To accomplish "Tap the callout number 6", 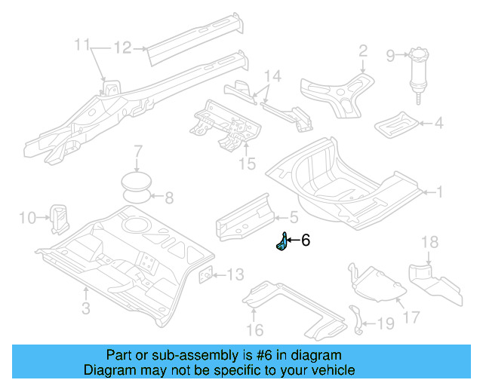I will [306, 241].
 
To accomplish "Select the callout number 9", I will [390, 54].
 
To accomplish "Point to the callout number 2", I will [363, 51].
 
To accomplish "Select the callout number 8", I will [169, 199].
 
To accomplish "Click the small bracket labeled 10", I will [59, 216].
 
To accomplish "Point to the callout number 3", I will [85, 308].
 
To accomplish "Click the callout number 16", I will [254, 329].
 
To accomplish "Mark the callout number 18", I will [429, 242].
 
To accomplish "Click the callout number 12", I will [122, 48].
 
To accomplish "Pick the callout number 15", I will [247, 164].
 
